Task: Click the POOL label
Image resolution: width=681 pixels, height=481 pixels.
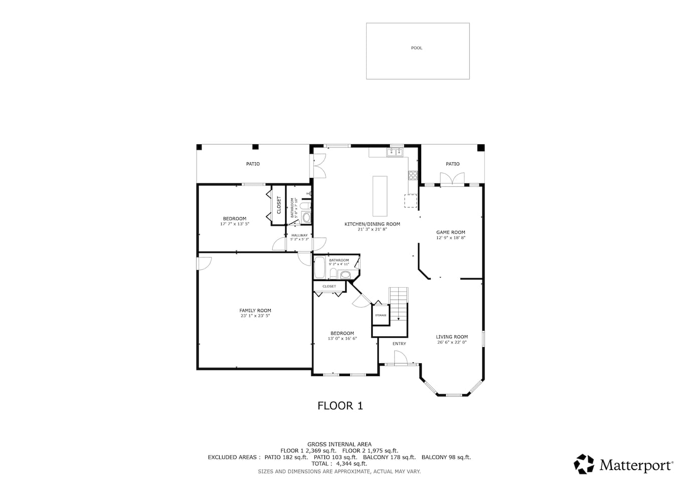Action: pos(417,48)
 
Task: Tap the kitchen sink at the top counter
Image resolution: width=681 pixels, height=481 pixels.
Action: pos(395,152)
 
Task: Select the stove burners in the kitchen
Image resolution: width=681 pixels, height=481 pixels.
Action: pos(413,175)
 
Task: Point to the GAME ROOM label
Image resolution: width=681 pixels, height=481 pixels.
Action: pos(450,232)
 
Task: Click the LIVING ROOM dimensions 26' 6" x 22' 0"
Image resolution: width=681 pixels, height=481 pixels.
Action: pos(452,342)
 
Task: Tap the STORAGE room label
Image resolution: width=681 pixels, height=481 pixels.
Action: pos(381,315)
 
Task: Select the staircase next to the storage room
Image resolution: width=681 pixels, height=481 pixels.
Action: pos(399,304)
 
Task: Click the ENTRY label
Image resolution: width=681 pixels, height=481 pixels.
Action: pos(399,344)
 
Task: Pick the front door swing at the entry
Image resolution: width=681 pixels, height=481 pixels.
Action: pos(400,357)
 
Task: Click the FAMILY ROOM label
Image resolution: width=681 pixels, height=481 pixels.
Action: pos(255,310)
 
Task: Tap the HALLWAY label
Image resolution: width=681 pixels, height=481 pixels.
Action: pos(299,235)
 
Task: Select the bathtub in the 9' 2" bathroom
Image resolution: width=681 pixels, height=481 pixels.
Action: pos(319,268)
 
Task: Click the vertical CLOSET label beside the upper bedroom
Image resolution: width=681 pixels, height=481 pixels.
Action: pos(279,205)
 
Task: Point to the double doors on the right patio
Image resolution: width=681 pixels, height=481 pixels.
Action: pos(452,178)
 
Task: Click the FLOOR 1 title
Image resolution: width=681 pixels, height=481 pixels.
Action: pos(340,406)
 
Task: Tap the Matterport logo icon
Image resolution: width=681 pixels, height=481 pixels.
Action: pos(584,464)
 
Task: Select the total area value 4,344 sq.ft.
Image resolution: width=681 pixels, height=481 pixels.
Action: pos(352,463)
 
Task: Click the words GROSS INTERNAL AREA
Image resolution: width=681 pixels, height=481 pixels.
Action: pos(339,444)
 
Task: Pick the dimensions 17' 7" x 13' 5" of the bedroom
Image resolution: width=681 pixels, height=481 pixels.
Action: pos(235,224)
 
